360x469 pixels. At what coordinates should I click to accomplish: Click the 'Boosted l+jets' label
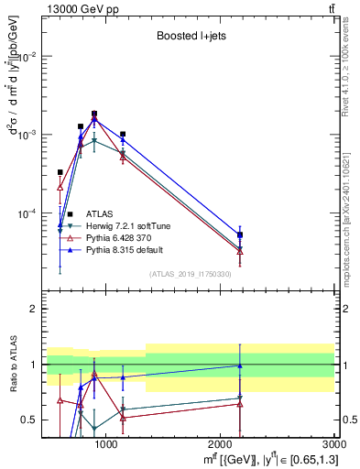(189, 38)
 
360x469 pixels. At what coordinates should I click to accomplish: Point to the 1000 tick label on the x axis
(107, 445)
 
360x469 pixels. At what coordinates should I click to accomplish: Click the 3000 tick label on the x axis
(335, 445)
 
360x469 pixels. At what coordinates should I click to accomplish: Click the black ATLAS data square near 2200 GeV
(240, 234)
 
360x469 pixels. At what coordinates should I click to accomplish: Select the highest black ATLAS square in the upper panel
(94, 114)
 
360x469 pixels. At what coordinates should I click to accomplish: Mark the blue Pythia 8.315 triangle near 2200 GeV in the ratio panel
(240, 365)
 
